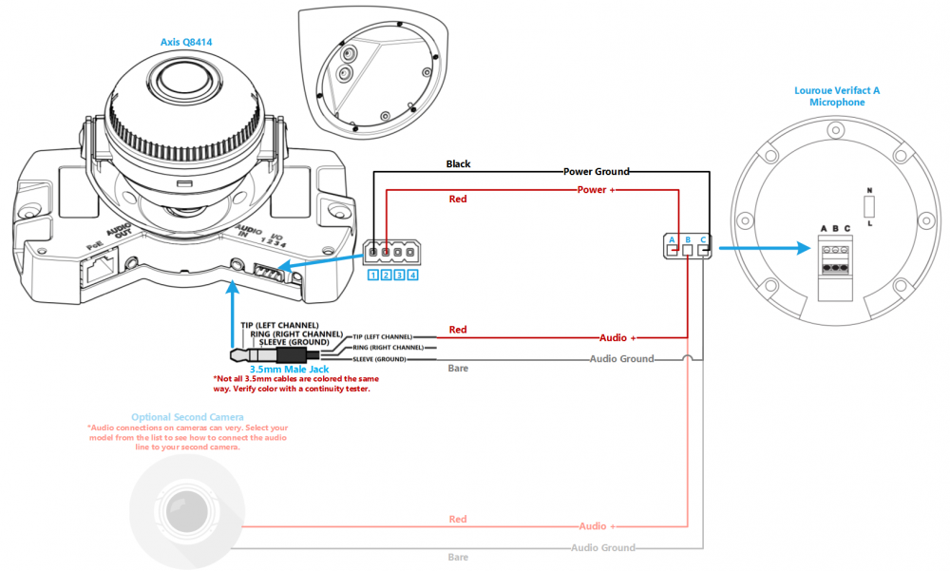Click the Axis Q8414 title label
pyautogui.click(x=187, y=42)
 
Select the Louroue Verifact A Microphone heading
pyautogui.click(x=837, y=96)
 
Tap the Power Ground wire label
pyautogui.click(x=596, y=172)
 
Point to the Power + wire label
pyautogui.click(x=598, y=190)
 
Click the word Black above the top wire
pyautogui.click(x=458, y=163)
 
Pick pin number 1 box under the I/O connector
pyautogui.click(x=374, y=276)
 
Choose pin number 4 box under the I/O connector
pyautogui.click(x=412, y=276)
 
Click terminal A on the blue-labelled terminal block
pyautogui.click(x=672, y=239)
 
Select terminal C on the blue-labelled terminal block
pyautogui.click(x=703, y=239)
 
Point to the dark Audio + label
pyautogui.click(x=619, y=337)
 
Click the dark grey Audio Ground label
pyautogui.click(x=621, y=359)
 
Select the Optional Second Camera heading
pyautogui.click(x=187, y=417)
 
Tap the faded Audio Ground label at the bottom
pyautogui.click(x=602, y=548)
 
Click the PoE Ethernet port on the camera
pyautogui.click(x=101, y=271)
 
